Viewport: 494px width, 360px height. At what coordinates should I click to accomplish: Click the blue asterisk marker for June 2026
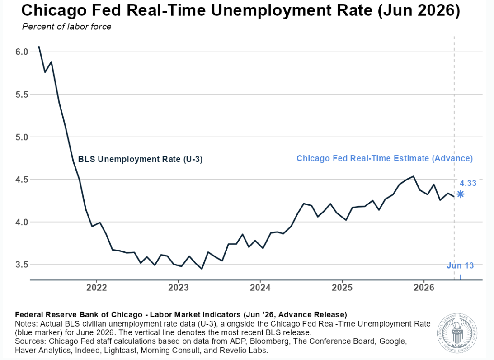coord(460,194)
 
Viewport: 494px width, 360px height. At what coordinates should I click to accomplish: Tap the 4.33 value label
coord(468,183)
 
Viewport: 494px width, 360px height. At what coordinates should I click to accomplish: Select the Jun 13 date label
coord(460,265)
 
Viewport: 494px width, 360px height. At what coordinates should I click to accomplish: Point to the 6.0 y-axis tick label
coord(22,52)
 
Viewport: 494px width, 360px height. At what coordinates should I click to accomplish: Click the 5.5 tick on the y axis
coord(22,94)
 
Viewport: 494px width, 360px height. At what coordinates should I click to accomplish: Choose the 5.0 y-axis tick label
coord(22,137)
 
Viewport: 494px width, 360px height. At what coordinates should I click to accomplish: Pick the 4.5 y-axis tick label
coord(22,180)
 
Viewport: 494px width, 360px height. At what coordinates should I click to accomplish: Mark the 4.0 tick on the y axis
coord(22,222)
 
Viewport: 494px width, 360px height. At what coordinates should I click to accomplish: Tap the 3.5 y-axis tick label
coord(22,265)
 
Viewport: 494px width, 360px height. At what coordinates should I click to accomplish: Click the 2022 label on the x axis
coord(97,288)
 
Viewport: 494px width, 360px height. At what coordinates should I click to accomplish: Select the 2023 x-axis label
coord(179,288)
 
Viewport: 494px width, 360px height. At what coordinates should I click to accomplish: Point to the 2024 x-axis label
coord(260,288)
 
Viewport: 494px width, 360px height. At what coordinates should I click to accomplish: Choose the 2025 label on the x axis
coord(342,288)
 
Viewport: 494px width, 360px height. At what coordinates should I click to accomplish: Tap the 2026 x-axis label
coord(424,288)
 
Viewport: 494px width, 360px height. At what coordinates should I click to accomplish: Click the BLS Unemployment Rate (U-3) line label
coord(140,159)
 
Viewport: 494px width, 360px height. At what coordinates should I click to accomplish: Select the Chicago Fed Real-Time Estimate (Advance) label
coord(385,158)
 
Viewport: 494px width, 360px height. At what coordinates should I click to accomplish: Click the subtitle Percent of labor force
coord(66,27)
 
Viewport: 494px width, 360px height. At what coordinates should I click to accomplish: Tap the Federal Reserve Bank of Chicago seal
coord(457,333)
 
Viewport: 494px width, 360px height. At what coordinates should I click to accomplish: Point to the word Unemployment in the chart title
coord(292,11)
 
